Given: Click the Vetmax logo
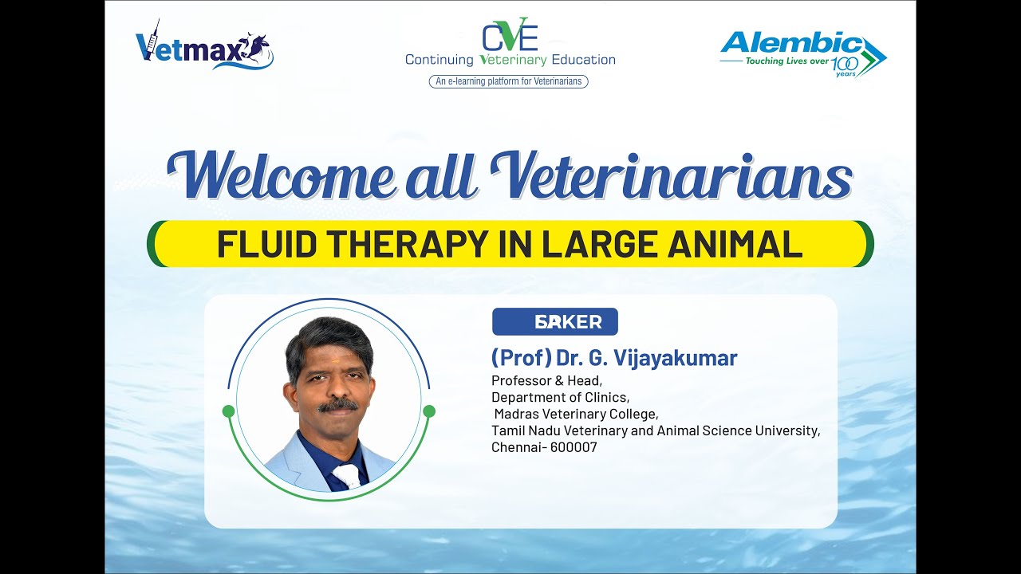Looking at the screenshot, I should pos(204,46).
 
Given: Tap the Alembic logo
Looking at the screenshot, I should pos(802,53).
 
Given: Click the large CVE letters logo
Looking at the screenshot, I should pos(510,35).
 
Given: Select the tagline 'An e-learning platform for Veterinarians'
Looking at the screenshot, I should pos(509,81).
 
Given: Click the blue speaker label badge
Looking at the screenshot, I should pos(555,322).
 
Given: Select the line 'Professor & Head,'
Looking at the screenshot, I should pos(546,381).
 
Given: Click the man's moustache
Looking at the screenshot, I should pos(337,405).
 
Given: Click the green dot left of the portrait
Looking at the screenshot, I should pos(229,411).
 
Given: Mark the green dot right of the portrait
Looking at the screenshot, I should pos(429,411).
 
